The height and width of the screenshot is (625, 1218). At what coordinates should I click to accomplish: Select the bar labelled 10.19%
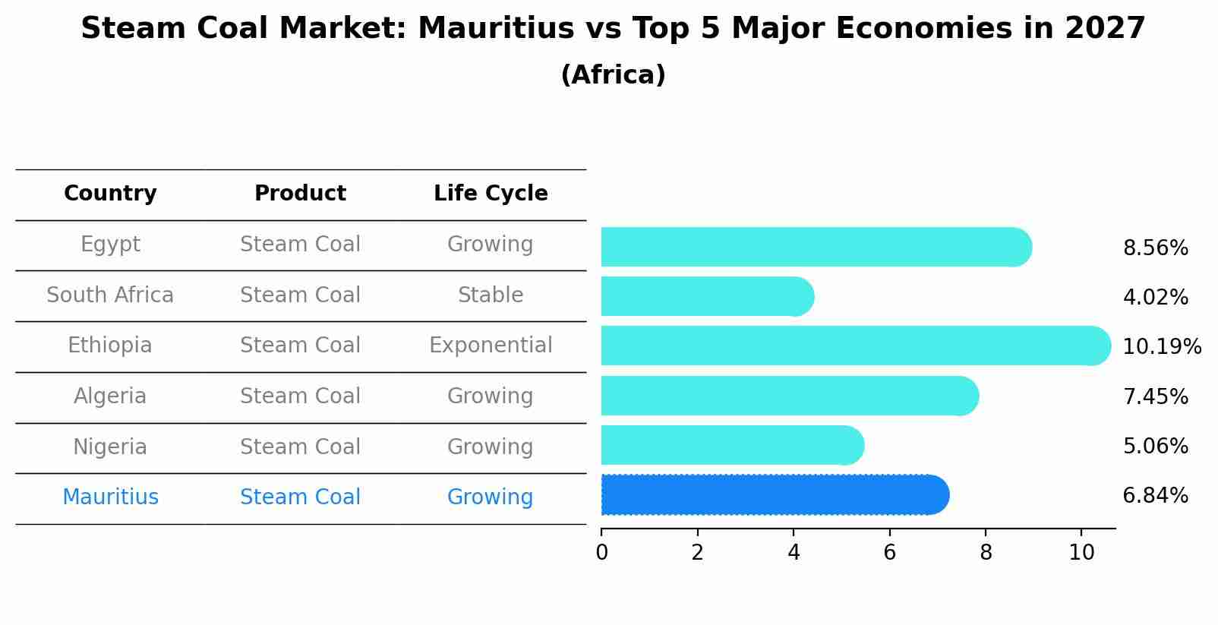click(850, 346)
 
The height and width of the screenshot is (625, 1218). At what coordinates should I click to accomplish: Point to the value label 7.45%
click(1155, 396)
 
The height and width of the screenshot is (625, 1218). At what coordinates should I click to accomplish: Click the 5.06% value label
click(1155, 446)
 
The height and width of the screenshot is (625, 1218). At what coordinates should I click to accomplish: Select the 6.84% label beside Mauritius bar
click(1155, 496)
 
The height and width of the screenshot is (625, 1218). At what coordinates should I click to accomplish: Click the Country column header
click(110, 194)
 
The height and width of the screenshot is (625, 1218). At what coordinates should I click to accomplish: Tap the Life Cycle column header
click(491, 194)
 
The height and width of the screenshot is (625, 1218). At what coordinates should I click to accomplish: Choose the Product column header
click(300, 194)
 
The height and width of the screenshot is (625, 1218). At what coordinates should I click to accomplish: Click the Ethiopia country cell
click(110, 346)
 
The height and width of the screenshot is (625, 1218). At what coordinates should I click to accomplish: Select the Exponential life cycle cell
click(491, 346)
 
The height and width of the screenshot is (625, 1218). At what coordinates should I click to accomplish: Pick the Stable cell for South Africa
click(491, 295)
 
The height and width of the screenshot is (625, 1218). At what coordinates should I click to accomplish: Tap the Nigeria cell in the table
click(110, 447)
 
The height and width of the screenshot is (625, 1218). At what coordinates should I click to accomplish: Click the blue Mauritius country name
click(110, 497)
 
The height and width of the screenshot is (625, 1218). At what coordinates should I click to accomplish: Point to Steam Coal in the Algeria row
click(300, 396)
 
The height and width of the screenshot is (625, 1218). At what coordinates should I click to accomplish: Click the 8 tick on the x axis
click(986, 553)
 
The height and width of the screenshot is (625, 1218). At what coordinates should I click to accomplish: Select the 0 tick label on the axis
click(601, 553)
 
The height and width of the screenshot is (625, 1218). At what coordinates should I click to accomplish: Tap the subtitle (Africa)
click(613, 75)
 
